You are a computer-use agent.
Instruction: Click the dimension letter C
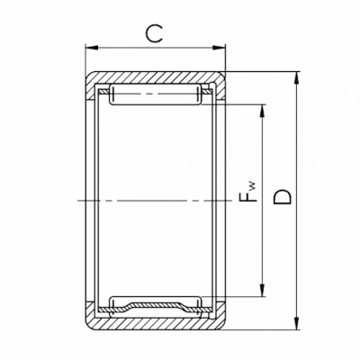[154, 33]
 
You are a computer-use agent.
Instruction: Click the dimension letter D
[283, 197]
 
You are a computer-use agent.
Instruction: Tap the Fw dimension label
[248, 192]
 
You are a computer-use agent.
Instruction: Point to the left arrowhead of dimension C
[92, 48]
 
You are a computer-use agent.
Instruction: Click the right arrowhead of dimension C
[219, 48]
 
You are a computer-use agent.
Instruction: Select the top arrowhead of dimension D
[297, 77]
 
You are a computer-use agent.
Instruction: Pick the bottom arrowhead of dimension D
[297, 323]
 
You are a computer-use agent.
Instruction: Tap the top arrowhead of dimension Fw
[263, 111]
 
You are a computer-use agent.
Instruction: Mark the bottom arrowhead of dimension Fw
[263, 291]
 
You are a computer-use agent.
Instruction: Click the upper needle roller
[156, 94]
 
